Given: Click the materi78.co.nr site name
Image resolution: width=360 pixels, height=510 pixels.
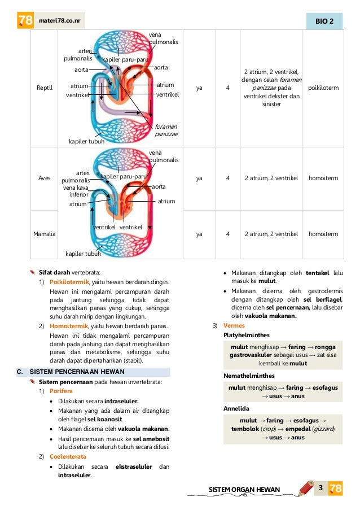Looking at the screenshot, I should (60, 21).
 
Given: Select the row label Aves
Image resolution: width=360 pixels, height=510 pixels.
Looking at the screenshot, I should (45, 178).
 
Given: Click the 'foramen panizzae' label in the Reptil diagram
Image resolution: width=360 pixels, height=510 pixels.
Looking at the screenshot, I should (166, 130).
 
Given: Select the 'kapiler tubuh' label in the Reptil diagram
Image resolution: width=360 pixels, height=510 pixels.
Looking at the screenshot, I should (87, 141).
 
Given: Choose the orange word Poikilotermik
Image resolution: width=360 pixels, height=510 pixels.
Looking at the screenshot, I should (69, 282).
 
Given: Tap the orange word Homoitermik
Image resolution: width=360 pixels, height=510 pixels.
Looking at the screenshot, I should (68, 327).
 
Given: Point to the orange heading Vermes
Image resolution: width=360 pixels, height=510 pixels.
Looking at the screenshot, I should (234, 326).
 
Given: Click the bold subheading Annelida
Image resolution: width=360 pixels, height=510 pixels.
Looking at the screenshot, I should (236, 407).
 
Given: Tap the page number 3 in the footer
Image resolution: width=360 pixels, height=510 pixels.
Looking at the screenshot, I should (320, 487).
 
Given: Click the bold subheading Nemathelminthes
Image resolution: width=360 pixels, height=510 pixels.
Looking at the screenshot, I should (249, 375).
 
